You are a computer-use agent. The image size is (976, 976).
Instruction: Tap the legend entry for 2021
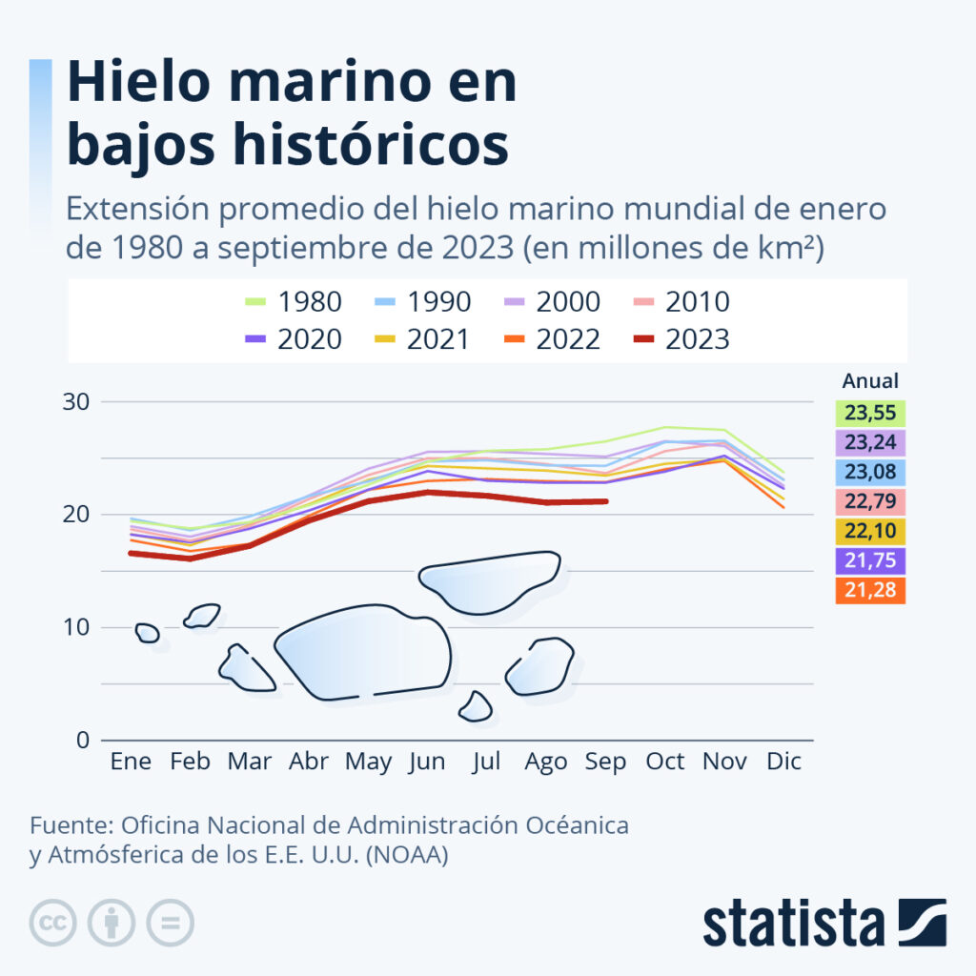[423, 339]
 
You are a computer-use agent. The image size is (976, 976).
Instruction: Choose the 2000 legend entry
[553, 302]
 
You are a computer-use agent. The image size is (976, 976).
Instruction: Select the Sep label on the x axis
[606, 762]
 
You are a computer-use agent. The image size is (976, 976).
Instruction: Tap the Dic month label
[784, 762]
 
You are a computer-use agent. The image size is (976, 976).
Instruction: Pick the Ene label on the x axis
[130, 762]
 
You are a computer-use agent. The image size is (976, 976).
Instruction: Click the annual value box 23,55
[870, 414]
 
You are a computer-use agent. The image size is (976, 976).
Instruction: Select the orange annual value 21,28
[870, 591]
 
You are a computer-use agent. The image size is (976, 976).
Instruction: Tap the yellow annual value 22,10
[870, 532]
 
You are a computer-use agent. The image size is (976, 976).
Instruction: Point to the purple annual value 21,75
[870, 561]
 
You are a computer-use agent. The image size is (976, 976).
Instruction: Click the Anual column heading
[870, 381]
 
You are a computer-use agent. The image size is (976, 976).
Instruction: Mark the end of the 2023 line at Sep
[606, 501]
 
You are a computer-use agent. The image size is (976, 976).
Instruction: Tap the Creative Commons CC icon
[52, 923]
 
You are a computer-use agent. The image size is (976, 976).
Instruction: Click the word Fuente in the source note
[67, 825]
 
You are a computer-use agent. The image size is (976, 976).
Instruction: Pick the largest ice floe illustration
[362, 653]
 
